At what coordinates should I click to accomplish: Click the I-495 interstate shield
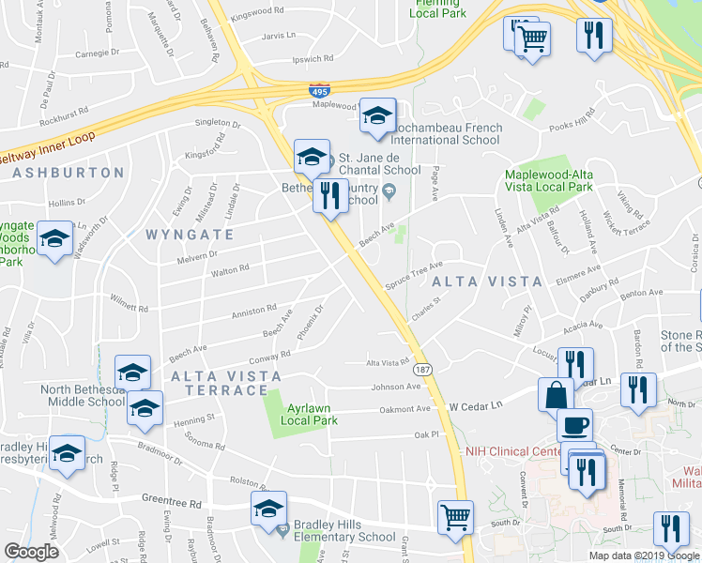(318, 90)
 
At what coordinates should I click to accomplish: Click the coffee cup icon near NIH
(574, 425)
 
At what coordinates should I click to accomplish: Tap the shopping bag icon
(556, 394)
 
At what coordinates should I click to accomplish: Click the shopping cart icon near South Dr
(455, 516)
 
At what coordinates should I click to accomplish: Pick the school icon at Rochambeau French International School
(377, 115)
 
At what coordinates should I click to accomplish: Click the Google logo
(31, 551)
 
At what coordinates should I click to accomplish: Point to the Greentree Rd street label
(172, 502)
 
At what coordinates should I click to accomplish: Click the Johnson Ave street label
(396, 386)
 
